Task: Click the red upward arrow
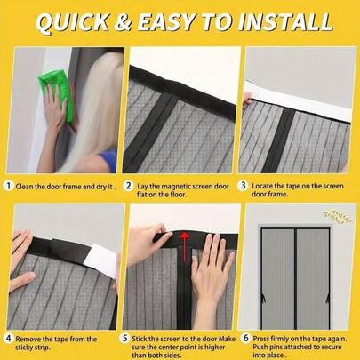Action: pos(185,236)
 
